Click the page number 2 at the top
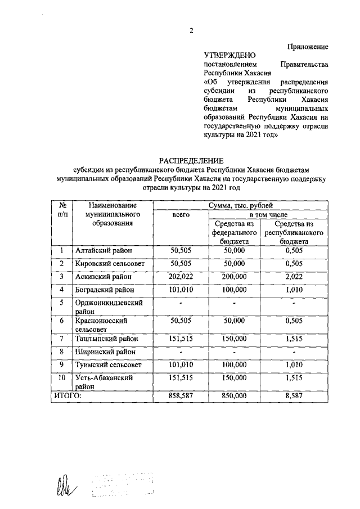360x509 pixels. (191, 31)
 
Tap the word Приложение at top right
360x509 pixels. (308, 46)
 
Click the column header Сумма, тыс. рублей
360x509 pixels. (241, 206)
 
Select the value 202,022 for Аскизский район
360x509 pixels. (181, 277)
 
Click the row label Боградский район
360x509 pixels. (105, 290)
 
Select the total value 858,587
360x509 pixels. (181, 396)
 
